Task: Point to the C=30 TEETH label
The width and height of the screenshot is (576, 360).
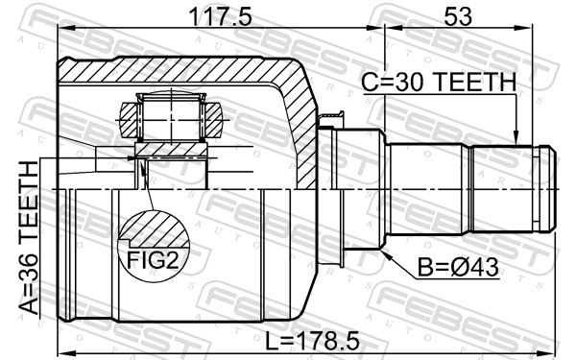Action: pos(439,84)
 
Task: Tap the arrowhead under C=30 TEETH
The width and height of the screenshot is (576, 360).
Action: pos(516,139)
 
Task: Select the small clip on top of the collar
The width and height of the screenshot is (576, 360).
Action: pos(331,120)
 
